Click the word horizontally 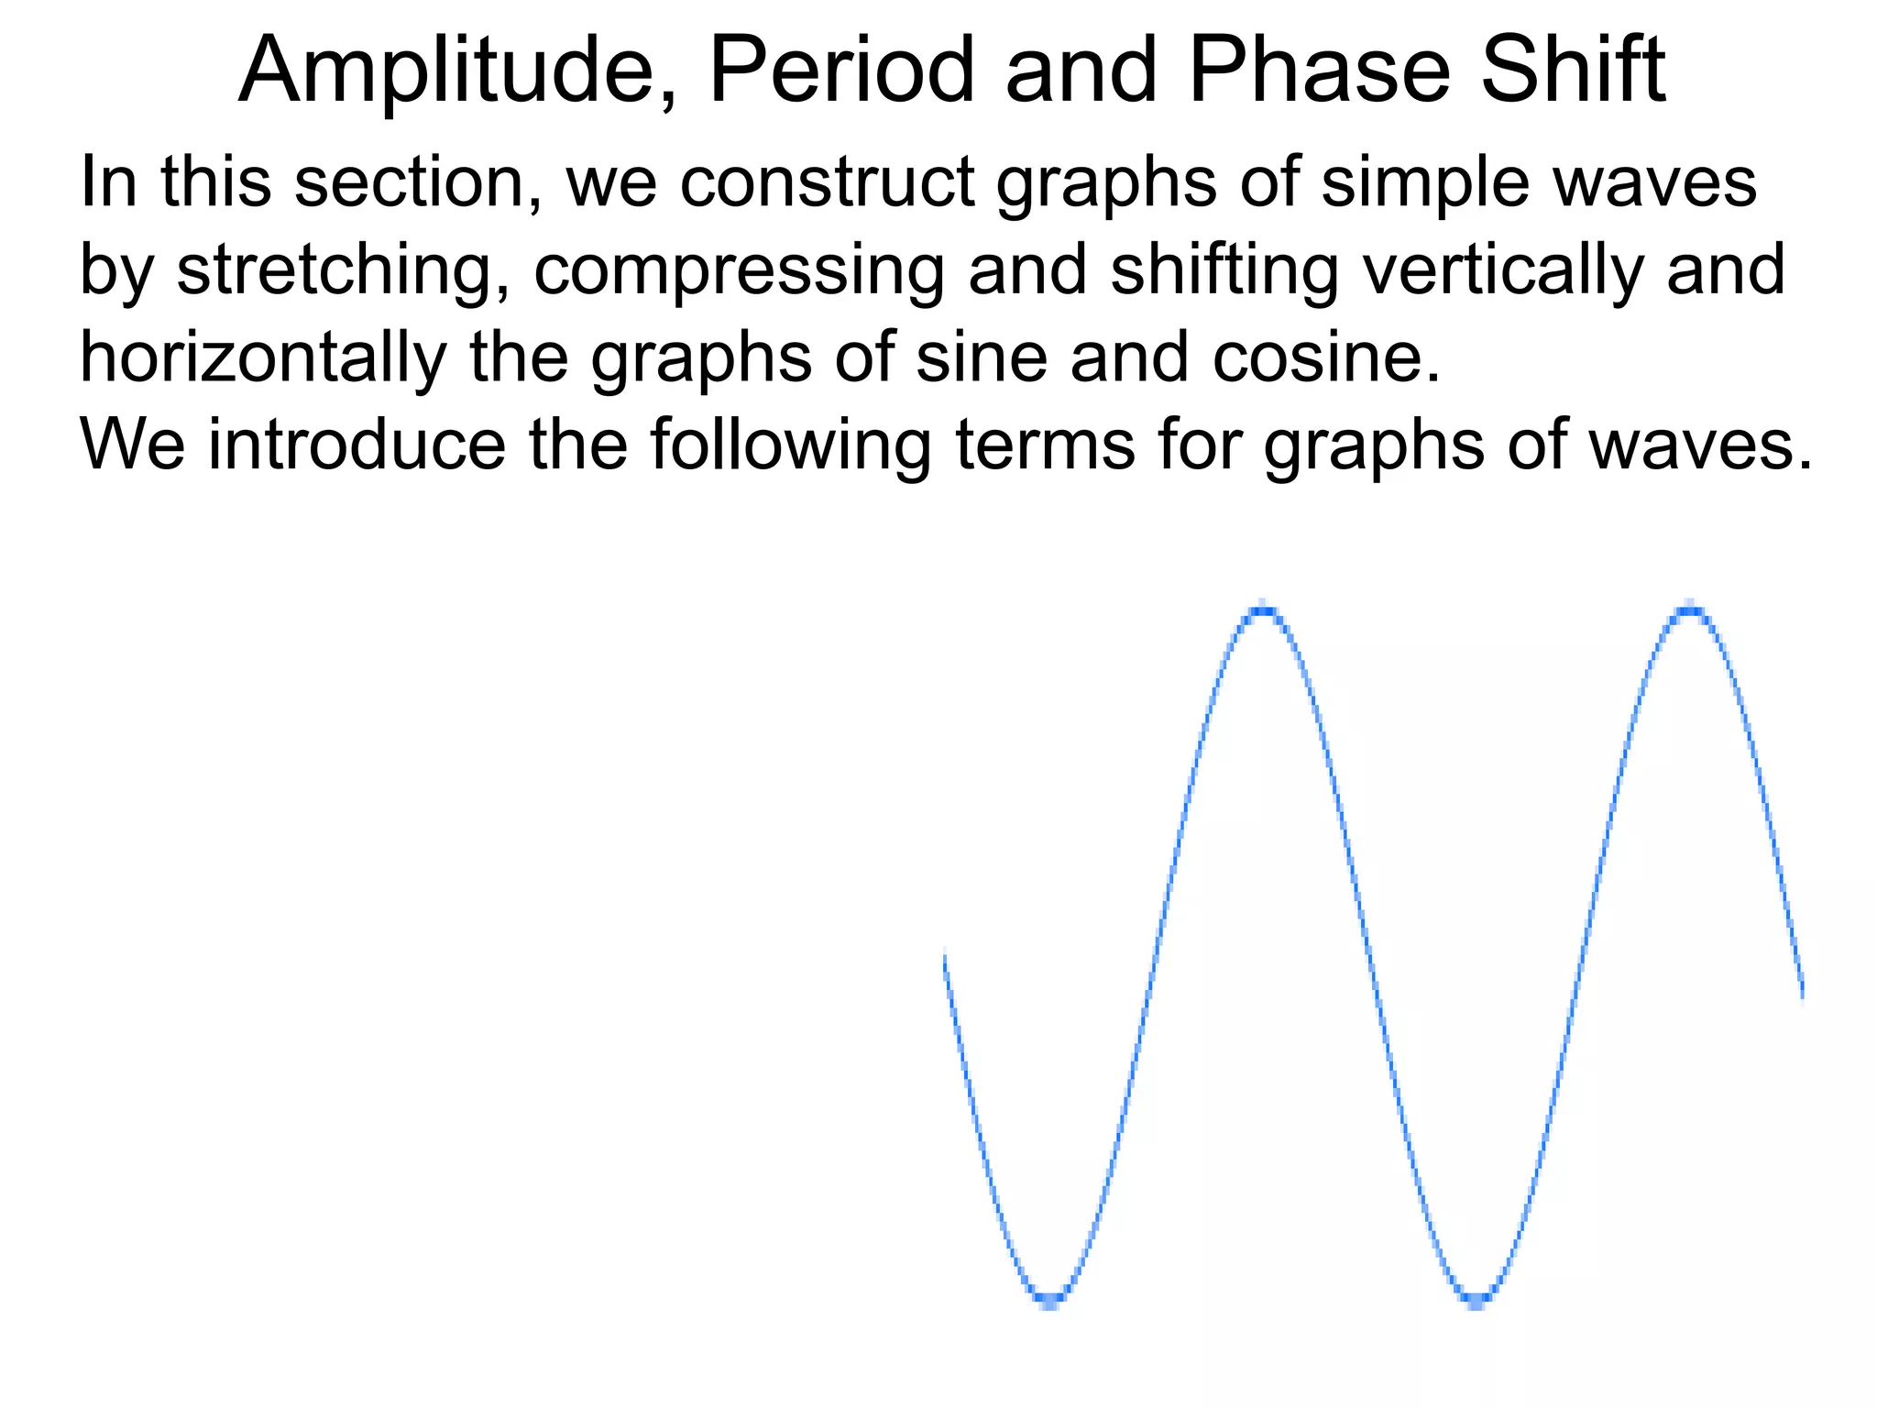coord(262,358)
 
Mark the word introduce coord(357,445)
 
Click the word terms coord(1044,445)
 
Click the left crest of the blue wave coord(1263,610)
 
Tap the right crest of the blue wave coord(1689,609)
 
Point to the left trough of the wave coord(1051,1298)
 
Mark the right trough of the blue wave coord(1476,1298)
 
